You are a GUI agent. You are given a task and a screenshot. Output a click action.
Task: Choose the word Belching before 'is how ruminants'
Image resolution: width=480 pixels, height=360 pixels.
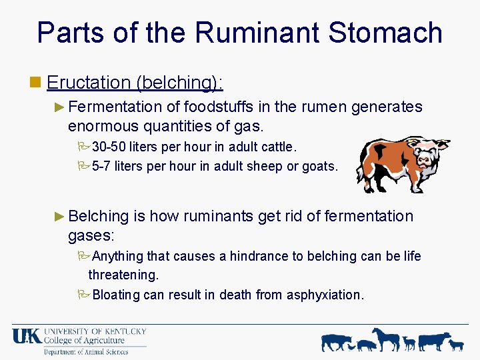tap(98, 216)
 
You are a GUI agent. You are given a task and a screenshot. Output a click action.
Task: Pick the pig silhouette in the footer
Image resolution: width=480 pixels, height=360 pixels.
tap(367, 345)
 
